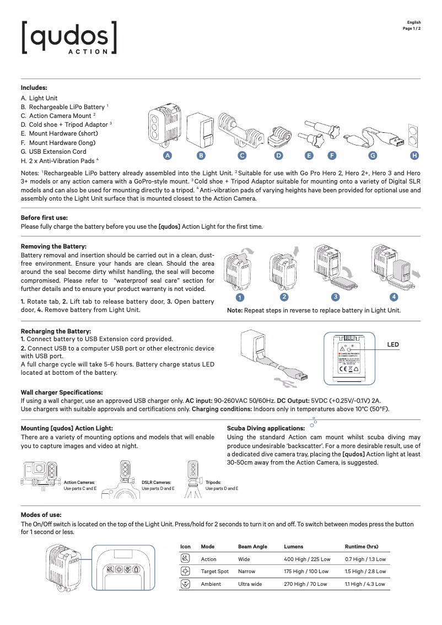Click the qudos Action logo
(69, 37)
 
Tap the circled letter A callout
(166, 155)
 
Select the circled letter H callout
(414, 155)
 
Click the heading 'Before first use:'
(44, 218)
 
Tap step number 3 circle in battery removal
(335, 297)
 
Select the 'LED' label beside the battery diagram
(393, 344)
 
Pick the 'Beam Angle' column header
(252, 547)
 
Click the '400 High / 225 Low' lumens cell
(307, 559)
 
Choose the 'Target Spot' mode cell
(214, 572)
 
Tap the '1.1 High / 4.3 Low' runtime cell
(365, 584)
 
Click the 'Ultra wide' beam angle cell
(250, 584)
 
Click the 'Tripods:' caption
(213, 482)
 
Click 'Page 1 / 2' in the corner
(412, 28)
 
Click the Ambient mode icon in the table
(186, 584)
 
